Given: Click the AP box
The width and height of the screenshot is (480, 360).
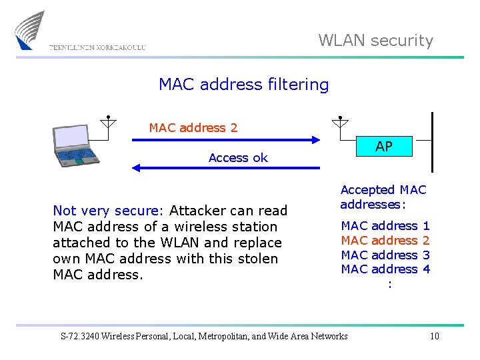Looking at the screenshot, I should [x=383, y=147].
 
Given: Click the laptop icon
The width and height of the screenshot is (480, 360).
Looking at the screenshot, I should [x=74, y=145].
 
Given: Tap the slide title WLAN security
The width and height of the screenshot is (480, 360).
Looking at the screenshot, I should [x=375, y=41].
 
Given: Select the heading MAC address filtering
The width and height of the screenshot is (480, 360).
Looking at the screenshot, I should [x=243, y=85].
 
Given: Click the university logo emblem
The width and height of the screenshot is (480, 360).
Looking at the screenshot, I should [x=30, y=30].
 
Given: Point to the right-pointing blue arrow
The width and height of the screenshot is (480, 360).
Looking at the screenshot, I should [x=227, y=140].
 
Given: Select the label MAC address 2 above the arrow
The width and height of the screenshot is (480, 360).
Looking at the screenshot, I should [x=193, y=127].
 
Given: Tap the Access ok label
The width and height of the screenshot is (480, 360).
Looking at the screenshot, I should [x=238, y=158].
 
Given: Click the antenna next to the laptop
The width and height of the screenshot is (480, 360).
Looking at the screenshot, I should [x=108, y=123].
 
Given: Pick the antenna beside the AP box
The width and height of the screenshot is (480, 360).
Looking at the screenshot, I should [x=339, y=123].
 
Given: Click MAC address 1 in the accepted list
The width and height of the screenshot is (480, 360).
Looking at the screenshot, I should [x=385, y=226].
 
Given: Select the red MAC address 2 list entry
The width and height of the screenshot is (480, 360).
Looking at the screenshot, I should [x=385, y=241].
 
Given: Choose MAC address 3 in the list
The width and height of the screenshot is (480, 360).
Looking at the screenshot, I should [x=385, y=255].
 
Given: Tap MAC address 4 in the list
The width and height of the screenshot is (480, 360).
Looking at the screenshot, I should [x=385, y=269].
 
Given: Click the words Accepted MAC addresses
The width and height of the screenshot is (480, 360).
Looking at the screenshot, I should [x=383, y=197].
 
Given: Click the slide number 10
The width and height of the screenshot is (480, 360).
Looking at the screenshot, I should [x=434, y=336].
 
